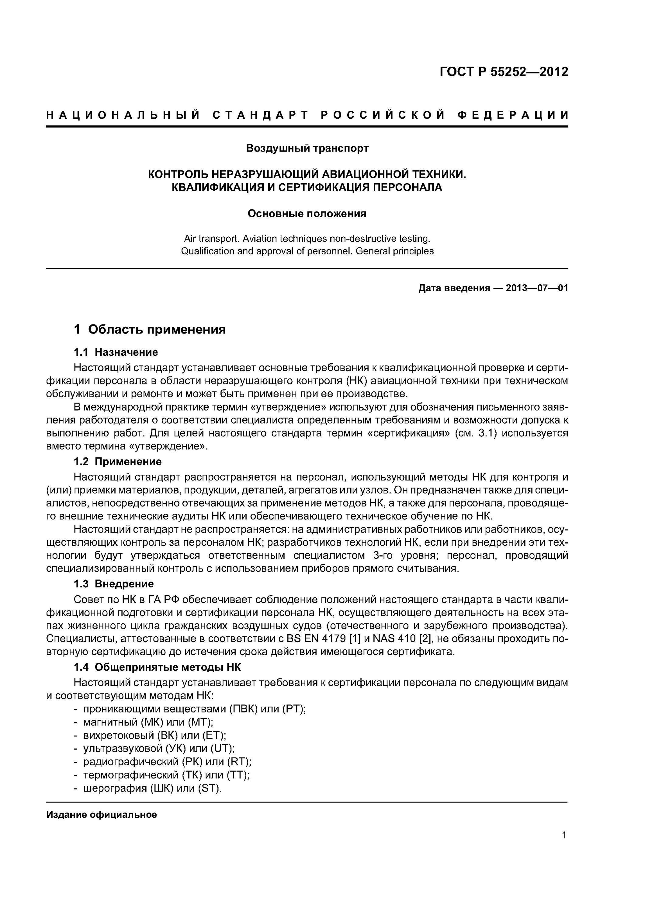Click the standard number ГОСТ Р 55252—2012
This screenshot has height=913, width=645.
click(x=504, y=72)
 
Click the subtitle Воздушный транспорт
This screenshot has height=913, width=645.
click(x=307, y=148)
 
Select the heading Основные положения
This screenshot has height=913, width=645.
click(x=307, y=214)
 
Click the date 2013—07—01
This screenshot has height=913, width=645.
click(x=536, y=288)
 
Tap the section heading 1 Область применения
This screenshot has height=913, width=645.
click(x=150, y=329)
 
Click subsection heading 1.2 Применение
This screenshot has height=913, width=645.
click(x=118, y=461)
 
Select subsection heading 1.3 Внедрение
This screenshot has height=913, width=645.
click(x=114, y=584)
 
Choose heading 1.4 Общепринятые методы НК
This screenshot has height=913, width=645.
click(x=158, y=667)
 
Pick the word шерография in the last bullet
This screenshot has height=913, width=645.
click(x=115, y=788)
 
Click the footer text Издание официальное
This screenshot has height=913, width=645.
click(x=102, y=815)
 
